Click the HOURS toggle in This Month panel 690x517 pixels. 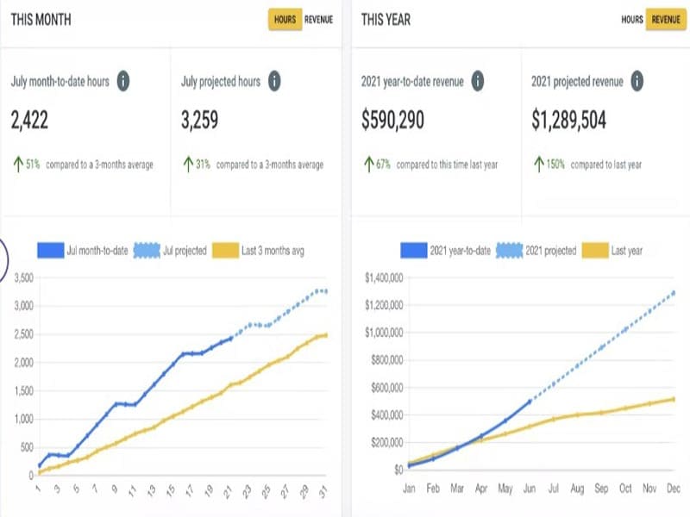click(285, 19)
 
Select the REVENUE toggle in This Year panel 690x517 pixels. click(664, 19)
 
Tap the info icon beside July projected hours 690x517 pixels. click(274, 82)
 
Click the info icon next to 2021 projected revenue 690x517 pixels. click(636, 82)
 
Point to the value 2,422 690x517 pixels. click(29, 121)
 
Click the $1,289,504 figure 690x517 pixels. click(569, 121)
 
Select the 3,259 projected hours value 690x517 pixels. click(200, 121)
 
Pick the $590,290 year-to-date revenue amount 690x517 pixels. click(392, 121)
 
